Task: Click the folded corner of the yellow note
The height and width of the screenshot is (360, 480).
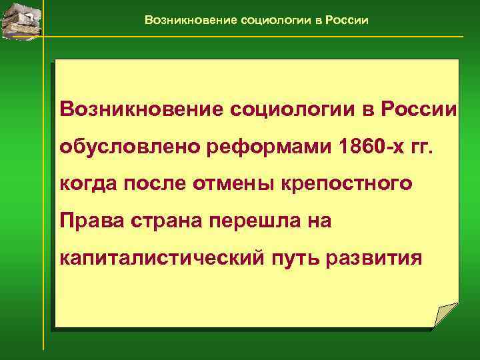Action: (x=445, y=315)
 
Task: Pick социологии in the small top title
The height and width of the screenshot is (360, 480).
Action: (x=273, y=20)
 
